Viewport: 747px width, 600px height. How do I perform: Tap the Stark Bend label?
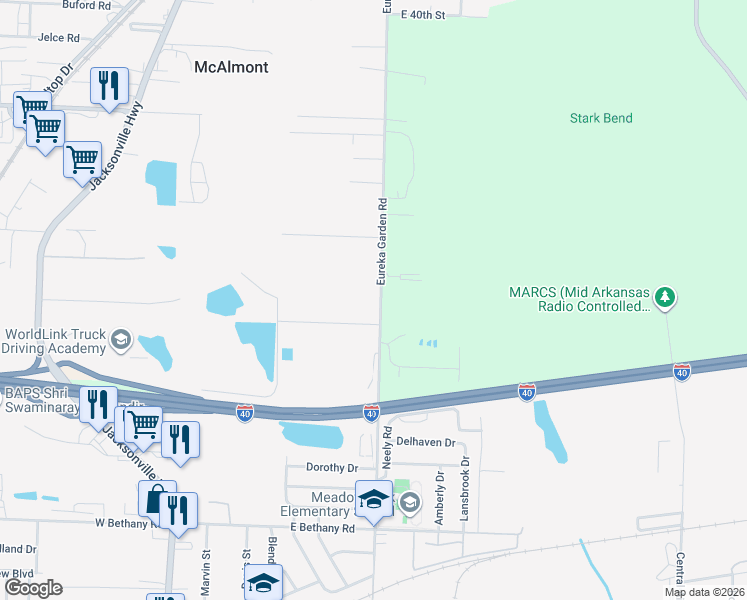pos(601,118)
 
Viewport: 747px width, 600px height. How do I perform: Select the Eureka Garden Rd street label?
pos(381,242)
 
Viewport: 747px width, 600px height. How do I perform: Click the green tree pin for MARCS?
pos(664,297)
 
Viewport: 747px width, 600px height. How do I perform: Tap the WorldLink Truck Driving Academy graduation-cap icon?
pos(121,340)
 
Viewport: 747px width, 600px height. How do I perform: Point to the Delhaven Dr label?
pos(425,441)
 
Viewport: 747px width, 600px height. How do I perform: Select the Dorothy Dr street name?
pos(332,467)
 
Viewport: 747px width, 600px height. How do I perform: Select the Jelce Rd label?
pos(58,38)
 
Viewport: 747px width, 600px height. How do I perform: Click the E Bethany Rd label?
pos(322,527)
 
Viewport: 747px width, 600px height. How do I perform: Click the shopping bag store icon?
pos(156,497)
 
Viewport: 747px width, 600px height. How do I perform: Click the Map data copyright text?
pos(703,592)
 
